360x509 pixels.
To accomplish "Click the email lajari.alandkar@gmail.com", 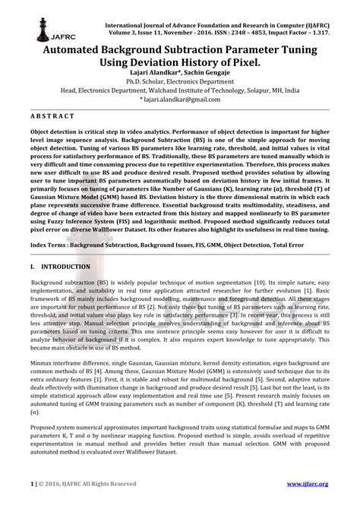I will (x=182, y=99).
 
